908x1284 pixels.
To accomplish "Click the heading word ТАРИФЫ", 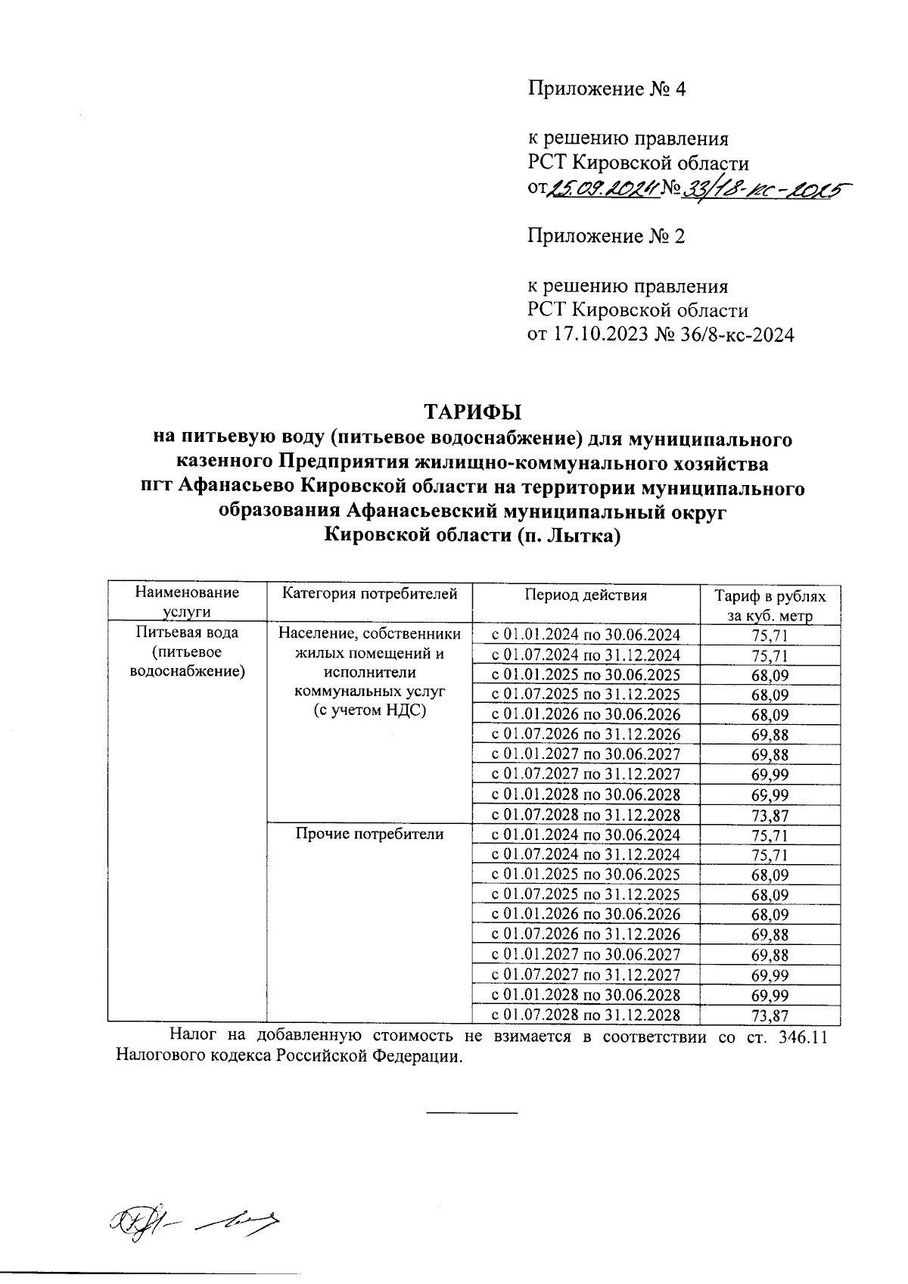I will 472,412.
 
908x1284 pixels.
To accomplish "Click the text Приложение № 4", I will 606,89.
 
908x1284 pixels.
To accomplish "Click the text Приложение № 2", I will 606,237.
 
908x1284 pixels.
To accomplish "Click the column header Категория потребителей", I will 369,595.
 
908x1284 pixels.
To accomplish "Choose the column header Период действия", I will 586,595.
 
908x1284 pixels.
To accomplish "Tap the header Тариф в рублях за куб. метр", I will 770,605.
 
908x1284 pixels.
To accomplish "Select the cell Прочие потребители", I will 369,835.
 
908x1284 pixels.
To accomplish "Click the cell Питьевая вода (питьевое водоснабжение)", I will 187,651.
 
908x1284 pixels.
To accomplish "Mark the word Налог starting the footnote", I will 193,1037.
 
